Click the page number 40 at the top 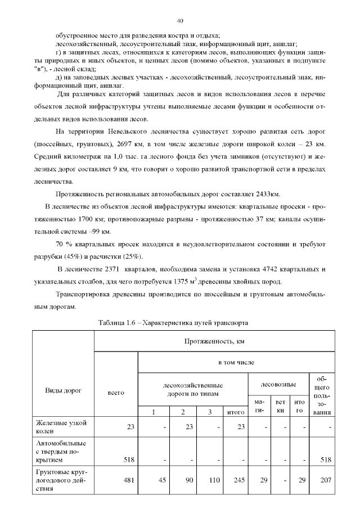coord(180,21)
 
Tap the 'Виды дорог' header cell coord(62,389)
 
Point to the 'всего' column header coord(115,392)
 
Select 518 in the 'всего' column coord(128,459)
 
